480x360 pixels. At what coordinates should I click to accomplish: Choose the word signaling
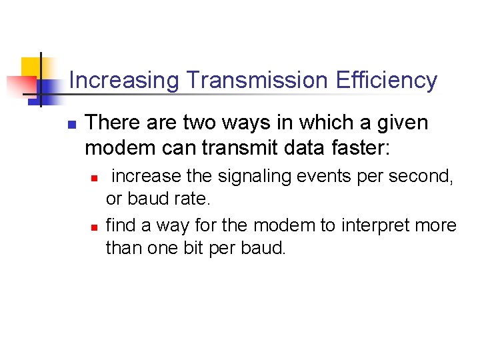pyautogui.click(x=255, y=177)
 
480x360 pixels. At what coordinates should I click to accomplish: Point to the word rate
pyautogui.click(x=193, y=199)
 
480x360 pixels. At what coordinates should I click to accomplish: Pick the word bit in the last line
pyautogui.click(x=207, y=248)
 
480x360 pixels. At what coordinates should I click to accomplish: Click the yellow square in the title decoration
pyautogui.click(x=32, y=67)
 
